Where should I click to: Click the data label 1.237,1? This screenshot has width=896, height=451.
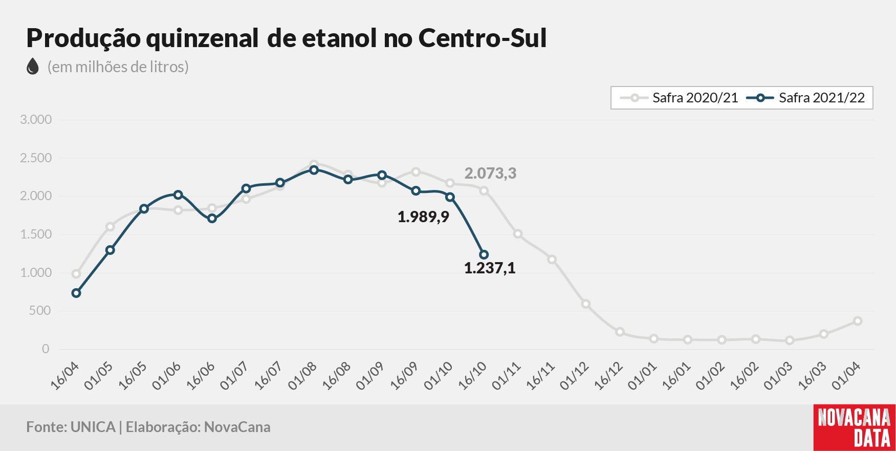tap(490, 268)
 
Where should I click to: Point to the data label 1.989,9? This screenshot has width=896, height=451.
tap(423, 217)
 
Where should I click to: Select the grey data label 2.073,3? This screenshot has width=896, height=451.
tap(490, 174)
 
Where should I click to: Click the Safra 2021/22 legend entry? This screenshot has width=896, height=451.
tap(806, 98)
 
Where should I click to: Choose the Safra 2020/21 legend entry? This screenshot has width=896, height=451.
tap(679, 98)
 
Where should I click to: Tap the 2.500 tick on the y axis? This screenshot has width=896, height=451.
tap(36, 158)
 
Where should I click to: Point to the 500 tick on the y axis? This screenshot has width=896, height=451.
tap(40, 311)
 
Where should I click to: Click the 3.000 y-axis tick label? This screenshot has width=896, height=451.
tap(36, 120)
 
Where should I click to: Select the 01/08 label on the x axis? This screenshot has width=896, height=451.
tap(302, 376)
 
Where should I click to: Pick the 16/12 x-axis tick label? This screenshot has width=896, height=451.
tap(608, 376)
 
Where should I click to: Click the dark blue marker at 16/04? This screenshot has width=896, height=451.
tap(76, 293)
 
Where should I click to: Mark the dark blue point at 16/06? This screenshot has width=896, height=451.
tap(212, 219)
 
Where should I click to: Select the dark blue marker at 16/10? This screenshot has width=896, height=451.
tap(484, 254)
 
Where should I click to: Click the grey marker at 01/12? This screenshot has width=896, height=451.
tap(586, 304)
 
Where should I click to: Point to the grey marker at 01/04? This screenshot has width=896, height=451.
tap(858, 321)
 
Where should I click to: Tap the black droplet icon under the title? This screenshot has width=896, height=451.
tap(33, 67)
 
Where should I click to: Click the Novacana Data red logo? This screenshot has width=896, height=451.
tap(855, 428)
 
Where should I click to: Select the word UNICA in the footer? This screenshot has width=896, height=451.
tap(93, 427)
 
